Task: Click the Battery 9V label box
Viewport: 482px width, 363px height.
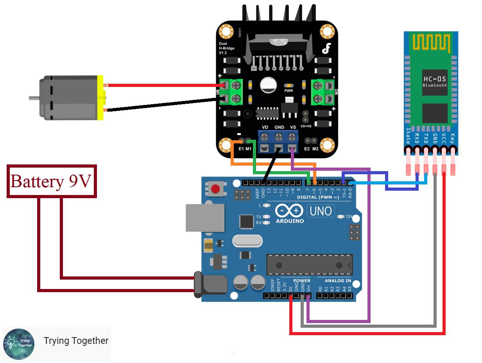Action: click(x=52, y=181)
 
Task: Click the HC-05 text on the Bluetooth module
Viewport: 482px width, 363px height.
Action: click(x=434, y=79)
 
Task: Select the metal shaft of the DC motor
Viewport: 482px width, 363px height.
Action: click(x=34, y=97)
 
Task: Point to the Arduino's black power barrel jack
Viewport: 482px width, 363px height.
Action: click(x=211, y=284)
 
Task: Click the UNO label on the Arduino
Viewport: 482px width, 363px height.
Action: click(x=321, y=211)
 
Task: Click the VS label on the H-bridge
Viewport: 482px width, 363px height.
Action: click(x=293, y=127)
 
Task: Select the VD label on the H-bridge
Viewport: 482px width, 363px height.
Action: click(x=265, y=127)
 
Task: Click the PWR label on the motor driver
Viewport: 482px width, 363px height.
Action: click(x=288, y=90)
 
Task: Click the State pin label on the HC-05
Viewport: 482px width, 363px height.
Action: click(x=408, y=135)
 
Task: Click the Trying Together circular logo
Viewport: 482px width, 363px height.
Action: click(x=18, y=344)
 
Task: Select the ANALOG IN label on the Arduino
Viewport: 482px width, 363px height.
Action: click(x=338, y=281)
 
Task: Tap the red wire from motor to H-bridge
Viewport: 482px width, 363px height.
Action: click(x=164, y=85)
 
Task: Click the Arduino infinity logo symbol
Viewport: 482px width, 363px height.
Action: click(x=289, y=211)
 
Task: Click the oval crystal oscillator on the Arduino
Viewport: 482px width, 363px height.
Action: click(x=247, y=241)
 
